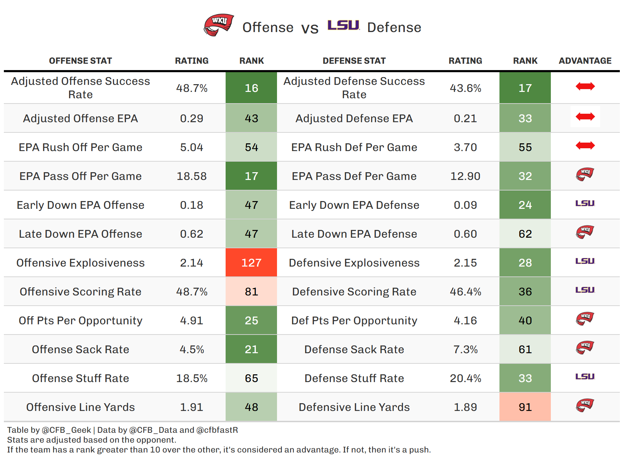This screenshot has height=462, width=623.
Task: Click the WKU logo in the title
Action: [219, 25]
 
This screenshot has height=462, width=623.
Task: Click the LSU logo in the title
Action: [343, 25]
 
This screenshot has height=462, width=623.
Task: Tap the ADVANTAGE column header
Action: [585, 61]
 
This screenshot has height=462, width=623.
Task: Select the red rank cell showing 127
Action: [251, 263]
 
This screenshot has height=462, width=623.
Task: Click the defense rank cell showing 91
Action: [525, 407]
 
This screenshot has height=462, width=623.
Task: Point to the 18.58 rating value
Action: [191, 176]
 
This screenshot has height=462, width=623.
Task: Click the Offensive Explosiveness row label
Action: [80, 263]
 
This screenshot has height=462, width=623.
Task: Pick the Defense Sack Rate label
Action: [354, 349]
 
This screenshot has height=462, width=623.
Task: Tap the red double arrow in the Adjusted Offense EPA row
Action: [585, 117]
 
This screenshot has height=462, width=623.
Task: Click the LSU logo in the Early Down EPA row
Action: [585, 204]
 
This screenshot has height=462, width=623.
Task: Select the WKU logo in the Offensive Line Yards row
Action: [585, 405]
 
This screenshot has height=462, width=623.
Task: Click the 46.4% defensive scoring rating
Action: [465, 292]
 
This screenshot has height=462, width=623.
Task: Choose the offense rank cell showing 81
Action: [251, 292]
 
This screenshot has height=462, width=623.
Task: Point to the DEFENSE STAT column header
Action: [354, 61]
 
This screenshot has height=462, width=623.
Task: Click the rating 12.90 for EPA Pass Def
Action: [465, 176]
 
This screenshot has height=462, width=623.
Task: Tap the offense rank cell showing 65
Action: [251, 378]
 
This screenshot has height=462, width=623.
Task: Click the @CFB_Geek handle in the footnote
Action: [66, 430]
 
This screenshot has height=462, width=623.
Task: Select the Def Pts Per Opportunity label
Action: [354, 320]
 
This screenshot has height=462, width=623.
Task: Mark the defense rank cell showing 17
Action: [525, 88]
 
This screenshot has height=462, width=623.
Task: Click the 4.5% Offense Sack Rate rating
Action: [191, 349]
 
